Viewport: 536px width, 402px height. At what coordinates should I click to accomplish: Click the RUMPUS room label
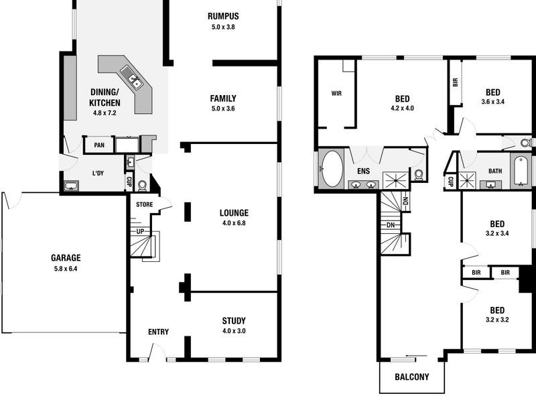tap(223, 16)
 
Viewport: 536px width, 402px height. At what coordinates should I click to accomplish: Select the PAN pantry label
tap(98, 145)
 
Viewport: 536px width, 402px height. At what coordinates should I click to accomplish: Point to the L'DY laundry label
tap(98, 174)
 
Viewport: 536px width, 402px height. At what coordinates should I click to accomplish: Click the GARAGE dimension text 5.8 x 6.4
tap(65, 268)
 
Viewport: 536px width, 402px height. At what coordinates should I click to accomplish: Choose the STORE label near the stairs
tap(144, 204)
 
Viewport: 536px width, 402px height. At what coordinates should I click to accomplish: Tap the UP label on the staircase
tap(140, 231)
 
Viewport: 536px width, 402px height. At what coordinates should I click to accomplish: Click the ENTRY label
tap(158, 332)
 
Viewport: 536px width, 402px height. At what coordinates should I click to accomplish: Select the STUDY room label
tap(234, 320)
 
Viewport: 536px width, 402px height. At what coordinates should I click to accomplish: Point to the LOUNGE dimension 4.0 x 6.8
tap(234, 224)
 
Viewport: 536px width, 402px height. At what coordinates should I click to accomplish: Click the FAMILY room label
tap(223, 98)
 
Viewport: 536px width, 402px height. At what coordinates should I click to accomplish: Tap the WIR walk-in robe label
tap(336, 93)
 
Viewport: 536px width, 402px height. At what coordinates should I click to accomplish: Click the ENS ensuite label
tap(363, 172)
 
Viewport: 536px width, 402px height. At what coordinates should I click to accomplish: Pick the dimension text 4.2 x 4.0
tap(403, 107)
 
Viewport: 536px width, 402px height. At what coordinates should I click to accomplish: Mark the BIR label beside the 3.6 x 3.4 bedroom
tap(455, 82)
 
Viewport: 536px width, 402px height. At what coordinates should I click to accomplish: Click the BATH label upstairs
tap(494, 172)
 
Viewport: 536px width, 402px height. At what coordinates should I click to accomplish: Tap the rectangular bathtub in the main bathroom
tap(520, 171)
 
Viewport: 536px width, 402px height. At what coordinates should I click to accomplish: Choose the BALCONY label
tap(412, 377)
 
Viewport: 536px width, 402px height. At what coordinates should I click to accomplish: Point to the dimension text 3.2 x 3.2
tap(496, 320)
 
